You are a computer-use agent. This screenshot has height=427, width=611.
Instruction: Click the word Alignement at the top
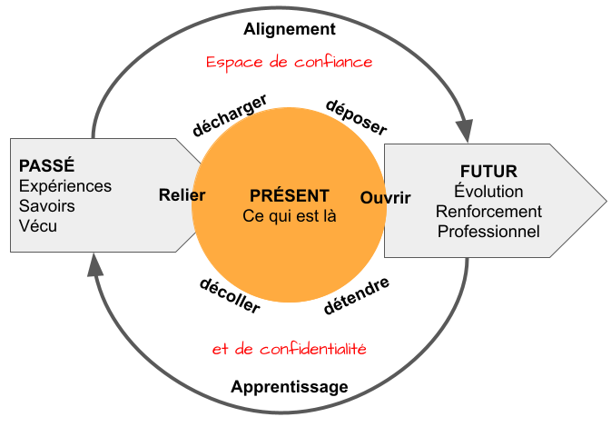point(290,29)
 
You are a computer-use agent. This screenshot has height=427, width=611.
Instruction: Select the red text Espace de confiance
point(290,63)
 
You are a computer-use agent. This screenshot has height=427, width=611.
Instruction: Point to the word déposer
point(356,116)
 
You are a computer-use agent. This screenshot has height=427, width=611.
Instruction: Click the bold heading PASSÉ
point(46,166)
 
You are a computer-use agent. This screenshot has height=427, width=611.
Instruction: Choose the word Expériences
point(65,186)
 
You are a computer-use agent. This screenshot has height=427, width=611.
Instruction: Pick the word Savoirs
point(47,206)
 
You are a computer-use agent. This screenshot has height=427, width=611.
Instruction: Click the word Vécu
point(38,225)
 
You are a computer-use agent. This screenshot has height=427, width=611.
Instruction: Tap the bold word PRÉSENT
point(290,195)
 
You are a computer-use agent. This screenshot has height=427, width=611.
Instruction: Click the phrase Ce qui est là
point(290,216)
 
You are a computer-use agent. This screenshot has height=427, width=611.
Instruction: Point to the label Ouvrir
point(385,197)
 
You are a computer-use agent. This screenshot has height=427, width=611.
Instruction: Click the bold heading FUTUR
point(488,172)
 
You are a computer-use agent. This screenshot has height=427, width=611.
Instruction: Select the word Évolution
point(488,192)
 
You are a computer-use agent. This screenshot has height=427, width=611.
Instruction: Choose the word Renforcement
point(488,212)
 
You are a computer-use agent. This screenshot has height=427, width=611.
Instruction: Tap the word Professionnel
point(488,232)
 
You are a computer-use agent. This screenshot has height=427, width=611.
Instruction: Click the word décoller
point(230,294)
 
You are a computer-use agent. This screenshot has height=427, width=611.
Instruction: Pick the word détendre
point(357,296)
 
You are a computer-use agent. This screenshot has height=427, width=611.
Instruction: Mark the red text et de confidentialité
point(290,349)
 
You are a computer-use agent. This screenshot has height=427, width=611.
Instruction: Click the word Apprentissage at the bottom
point(290,387)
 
